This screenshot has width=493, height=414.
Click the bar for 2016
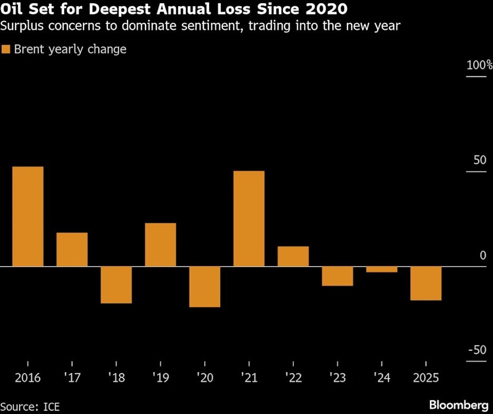(x=28, y=216)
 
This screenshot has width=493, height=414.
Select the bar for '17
(x=72, y=249)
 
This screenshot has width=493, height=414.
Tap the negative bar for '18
(x=116, y=285)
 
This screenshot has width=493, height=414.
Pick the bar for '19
(x=161, y=244)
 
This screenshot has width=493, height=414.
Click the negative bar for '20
(x=205, y=287)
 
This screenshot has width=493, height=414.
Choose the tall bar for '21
(x=249, y=219)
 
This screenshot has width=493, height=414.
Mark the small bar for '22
(x=293, y=256)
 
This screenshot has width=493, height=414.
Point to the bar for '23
(x=338, y=276)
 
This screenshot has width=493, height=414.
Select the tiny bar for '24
(x=382, y=269)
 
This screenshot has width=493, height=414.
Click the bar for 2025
(x=426, y=283)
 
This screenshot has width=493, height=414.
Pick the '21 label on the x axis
(x=248, y=378)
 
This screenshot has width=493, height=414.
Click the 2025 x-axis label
(x=426, y=378)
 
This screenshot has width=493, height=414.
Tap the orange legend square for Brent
(x=6, y=50)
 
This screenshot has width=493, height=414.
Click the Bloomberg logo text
(x=458, y=405)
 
